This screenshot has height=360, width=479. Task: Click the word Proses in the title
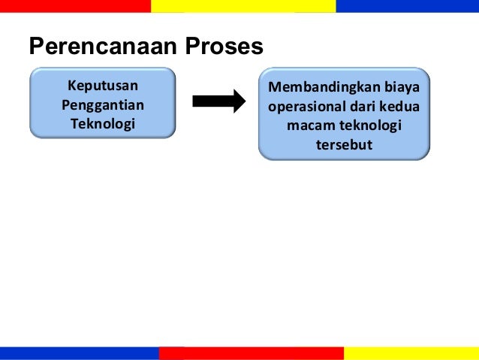pos(221,47)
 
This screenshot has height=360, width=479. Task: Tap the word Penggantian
pos(103,104)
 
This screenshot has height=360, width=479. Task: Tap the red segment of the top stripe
pos(75,6)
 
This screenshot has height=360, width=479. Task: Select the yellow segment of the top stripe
pos(243,6)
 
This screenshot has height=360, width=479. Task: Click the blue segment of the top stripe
pos(407,6)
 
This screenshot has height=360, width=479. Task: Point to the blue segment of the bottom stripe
pos(79,353)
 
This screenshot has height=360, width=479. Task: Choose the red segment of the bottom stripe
pos(252,353)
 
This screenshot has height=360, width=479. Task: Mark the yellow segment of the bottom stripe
pos(411,353)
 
